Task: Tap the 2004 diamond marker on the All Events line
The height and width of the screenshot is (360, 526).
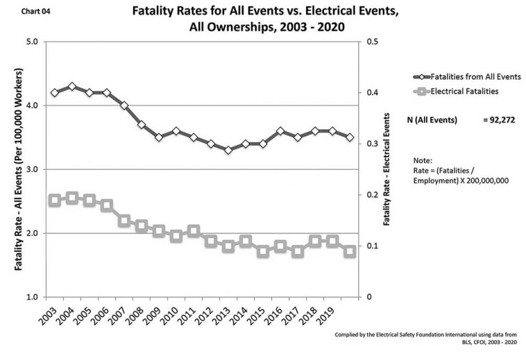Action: [x=72, y=87]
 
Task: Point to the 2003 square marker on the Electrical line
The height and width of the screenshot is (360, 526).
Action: [x=55, y=201]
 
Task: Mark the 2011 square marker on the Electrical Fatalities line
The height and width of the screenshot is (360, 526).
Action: [x=194, y=231]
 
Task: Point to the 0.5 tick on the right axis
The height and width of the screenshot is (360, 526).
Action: [x=371, y=42]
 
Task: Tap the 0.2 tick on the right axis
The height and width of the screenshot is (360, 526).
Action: [x=371, y=195]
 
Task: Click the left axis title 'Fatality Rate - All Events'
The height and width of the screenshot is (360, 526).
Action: [x=18, y=168]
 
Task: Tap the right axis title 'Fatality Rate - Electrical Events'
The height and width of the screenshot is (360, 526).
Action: [x=387, y=168]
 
